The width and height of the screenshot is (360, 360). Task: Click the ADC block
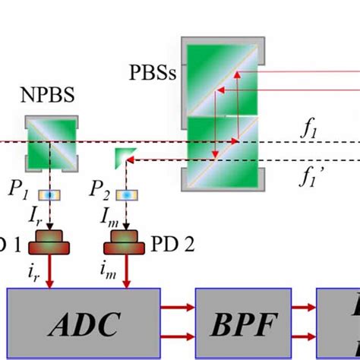point(84,324)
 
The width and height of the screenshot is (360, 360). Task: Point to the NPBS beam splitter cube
point(51,141)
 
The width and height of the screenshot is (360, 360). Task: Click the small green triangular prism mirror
point(122,158)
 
